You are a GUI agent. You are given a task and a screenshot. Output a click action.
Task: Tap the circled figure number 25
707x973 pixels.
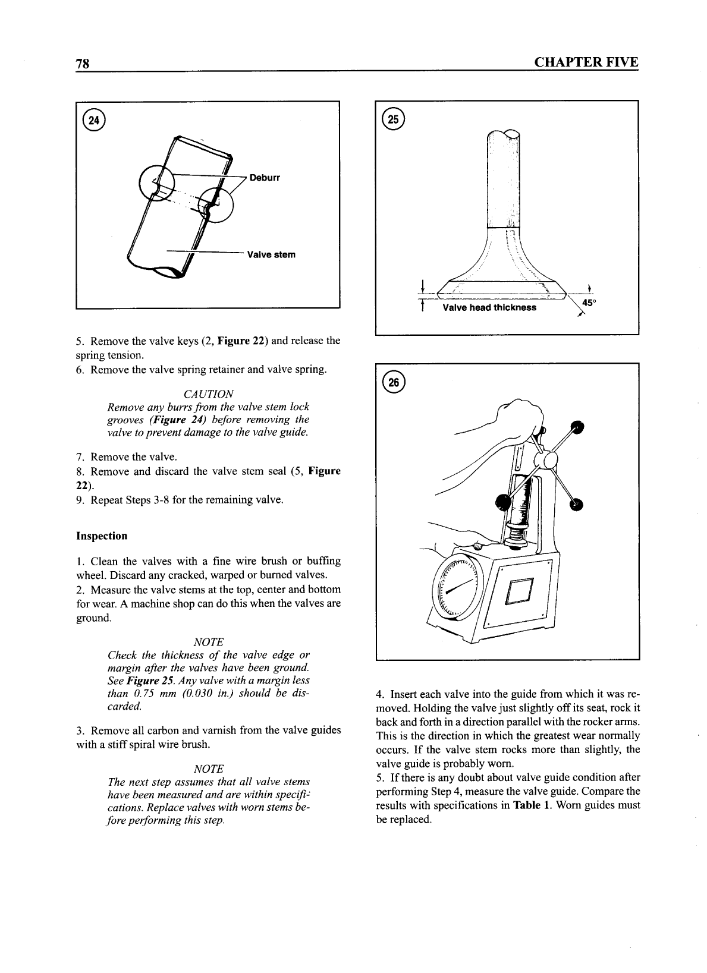tap(394, 119)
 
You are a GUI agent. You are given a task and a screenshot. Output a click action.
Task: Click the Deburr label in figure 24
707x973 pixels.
tap(265, 178)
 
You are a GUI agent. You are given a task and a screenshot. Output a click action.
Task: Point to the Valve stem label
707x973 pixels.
tap(271, 254)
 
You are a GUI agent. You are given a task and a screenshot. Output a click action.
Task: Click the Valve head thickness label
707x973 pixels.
tap(489, 307)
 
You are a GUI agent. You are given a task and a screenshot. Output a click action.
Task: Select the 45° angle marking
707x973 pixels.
tap(589, 303)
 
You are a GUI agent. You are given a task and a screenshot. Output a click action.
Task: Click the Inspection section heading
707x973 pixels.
tap(102, 536)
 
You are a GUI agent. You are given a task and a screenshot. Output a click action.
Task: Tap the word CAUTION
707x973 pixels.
tap(208, 394)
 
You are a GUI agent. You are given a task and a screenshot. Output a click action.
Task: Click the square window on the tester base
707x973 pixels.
tap(519, 591)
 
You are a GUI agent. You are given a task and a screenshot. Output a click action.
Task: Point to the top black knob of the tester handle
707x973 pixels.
tap(576, 426)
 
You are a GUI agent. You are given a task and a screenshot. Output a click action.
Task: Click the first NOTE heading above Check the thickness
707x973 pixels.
tap(209, 642)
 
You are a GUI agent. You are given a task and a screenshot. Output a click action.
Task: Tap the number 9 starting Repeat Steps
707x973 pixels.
tap(80, 499)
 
